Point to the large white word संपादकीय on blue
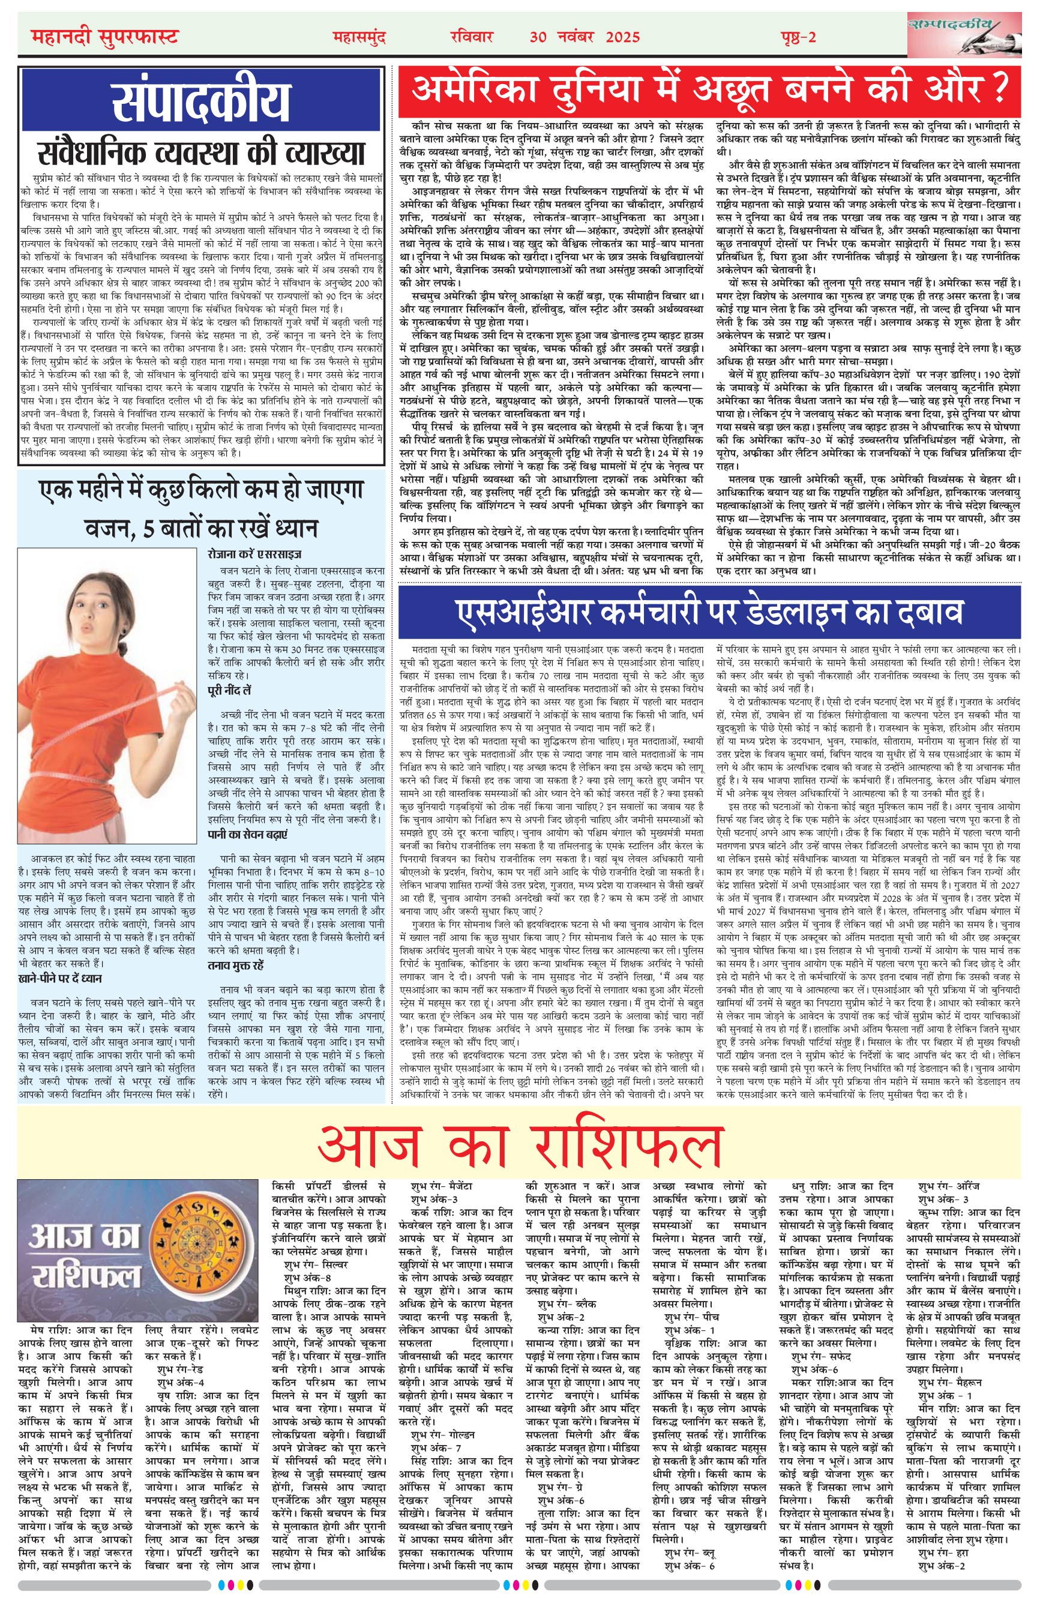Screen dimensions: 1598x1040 tap(202, 100)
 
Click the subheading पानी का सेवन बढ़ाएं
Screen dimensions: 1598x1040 tap(247, 834)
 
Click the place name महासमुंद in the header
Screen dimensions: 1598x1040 tap(359, 37)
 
